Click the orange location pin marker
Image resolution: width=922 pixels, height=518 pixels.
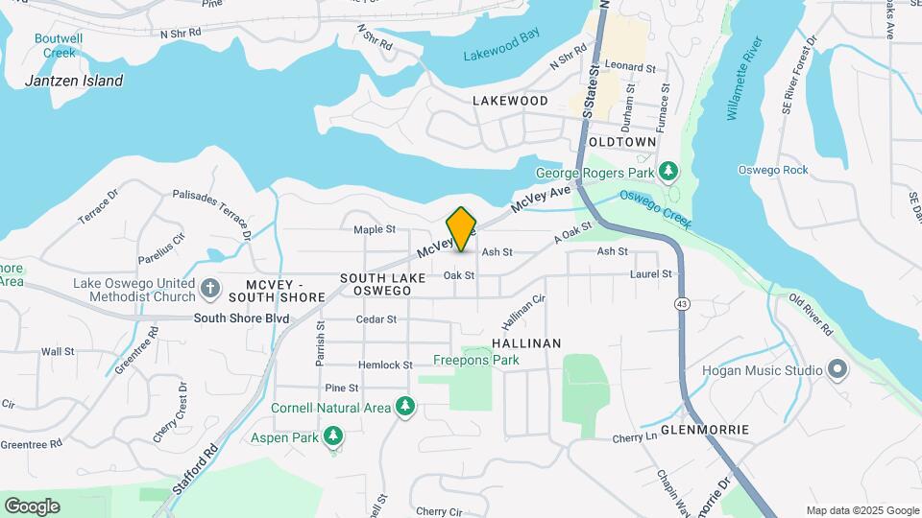(x=462, y=229)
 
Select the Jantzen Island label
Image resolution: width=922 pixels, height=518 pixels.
(x=74, y=81)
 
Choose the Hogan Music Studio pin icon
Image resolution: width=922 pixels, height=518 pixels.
(x=837, y=370)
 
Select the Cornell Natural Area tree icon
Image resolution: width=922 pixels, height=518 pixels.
(x=405, y=408)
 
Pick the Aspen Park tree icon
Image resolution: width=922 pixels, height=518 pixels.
(x=333, y=437)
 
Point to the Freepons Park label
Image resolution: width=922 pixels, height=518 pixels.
(x=475, y=361)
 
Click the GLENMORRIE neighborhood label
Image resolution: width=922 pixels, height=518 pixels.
(x=705, y=430)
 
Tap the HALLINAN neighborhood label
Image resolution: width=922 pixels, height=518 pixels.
(x=525, y=342)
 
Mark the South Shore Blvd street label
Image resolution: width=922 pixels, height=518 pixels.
(x=241, y=318)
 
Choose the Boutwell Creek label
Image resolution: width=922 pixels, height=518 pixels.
(x=58, y=45)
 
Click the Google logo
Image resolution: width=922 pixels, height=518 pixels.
(x=32, y=506)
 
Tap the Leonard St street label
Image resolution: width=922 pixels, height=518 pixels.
(x=629, y=68)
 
